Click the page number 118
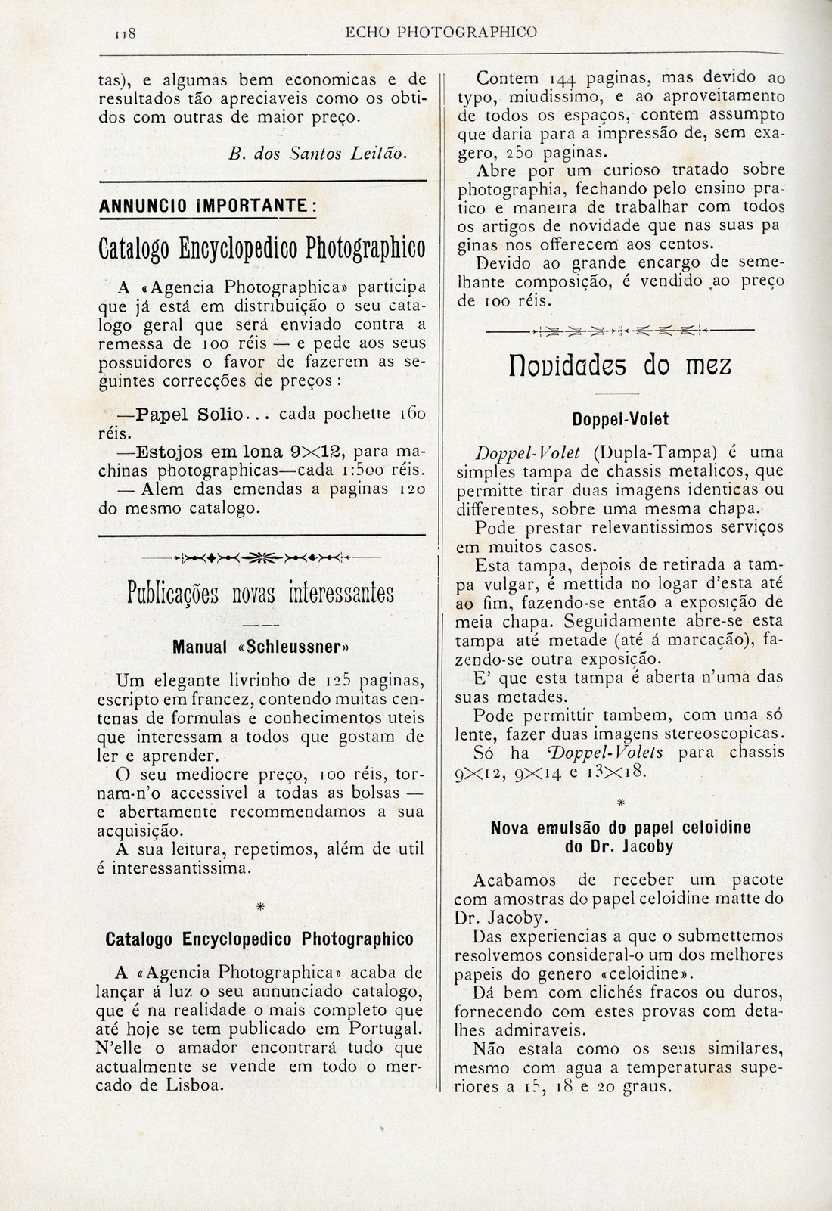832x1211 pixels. coord(123,33)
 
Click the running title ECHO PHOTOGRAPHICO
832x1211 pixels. coord(441,32)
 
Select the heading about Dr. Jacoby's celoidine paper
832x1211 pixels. coord(620,837)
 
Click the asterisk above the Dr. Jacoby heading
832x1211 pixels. coord(620,801)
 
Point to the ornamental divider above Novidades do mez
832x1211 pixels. coord(619,331)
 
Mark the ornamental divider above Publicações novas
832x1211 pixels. coord(261,558)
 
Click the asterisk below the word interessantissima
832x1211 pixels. coord(260,906)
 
